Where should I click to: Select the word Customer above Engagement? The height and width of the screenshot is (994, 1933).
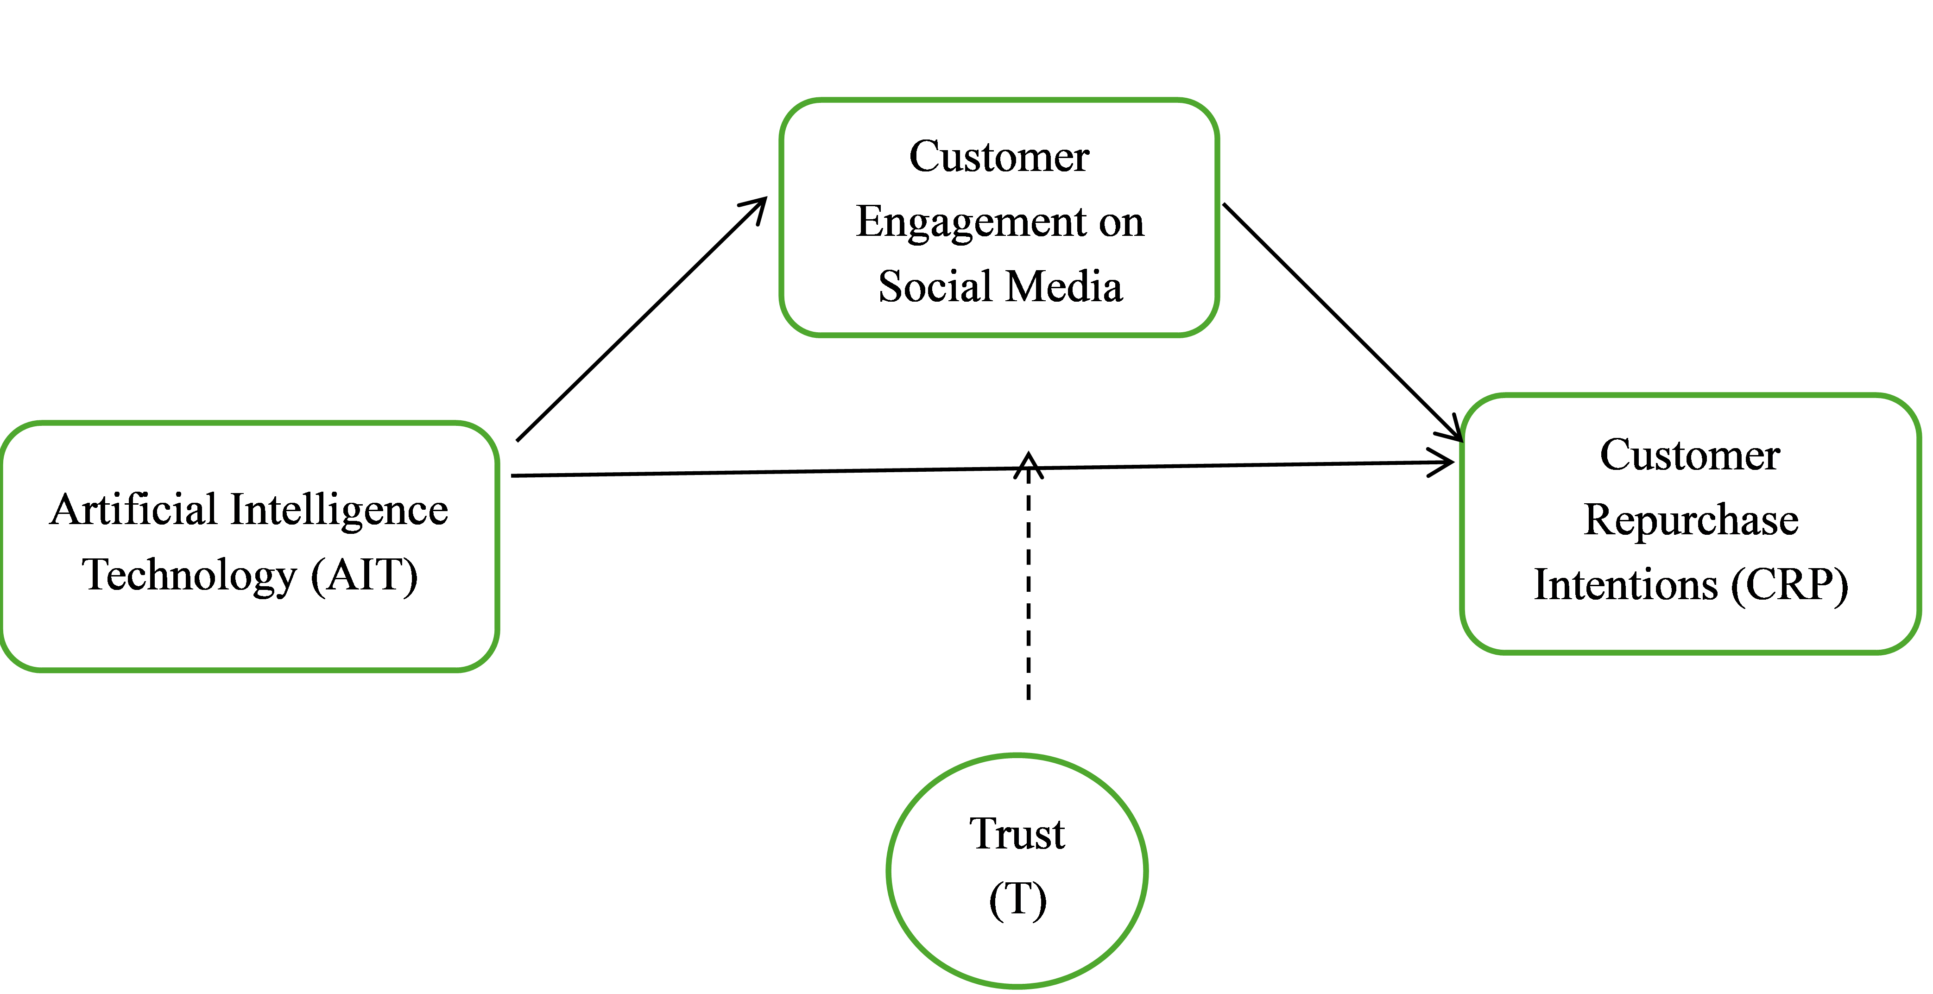pyautogui.click(x=999, y=157)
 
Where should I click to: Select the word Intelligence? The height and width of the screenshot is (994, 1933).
pyautogui.click(x=339, y=511)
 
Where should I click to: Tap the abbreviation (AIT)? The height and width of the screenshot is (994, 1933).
pyautogui.click(x=364, y=576)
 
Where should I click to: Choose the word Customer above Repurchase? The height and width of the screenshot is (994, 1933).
pyautogui.click(x=1689, y=455)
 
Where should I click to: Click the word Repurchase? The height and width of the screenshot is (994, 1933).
pyautogui.click(x=1691, y=520)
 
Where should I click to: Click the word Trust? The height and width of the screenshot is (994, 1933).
pyautogui.click(x=1017, y=834)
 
